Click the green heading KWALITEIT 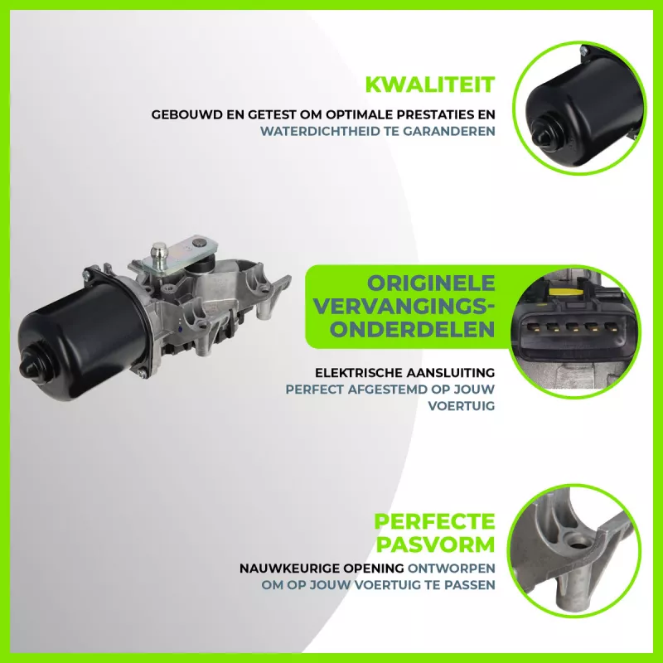click(x=430, y=85)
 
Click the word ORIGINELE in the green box click(x=431, y=283)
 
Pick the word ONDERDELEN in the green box click(x=413, y=329)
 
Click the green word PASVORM click(x=436, y=544)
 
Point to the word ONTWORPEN click(x=451, y=569)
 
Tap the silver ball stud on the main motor click(x=159, y=249)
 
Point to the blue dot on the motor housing click(x=181, y=328)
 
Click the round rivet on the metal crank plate click(x=198, y=243)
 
